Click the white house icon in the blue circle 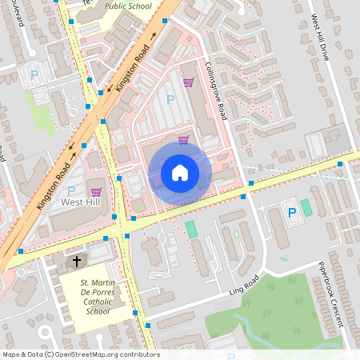click(180, 173)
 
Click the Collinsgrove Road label click(216, 91)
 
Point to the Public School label click(128, 6)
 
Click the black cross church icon click(78, 262)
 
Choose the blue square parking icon click(292, 213)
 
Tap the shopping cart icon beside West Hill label click(97, 191)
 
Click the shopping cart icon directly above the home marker click(183, 140)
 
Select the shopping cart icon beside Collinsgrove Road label click(188, 82)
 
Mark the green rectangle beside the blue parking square click(306, 207)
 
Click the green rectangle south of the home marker click(191, 229)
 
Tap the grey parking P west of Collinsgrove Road click(170, 99)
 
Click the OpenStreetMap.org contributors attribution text click(81, 354)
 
